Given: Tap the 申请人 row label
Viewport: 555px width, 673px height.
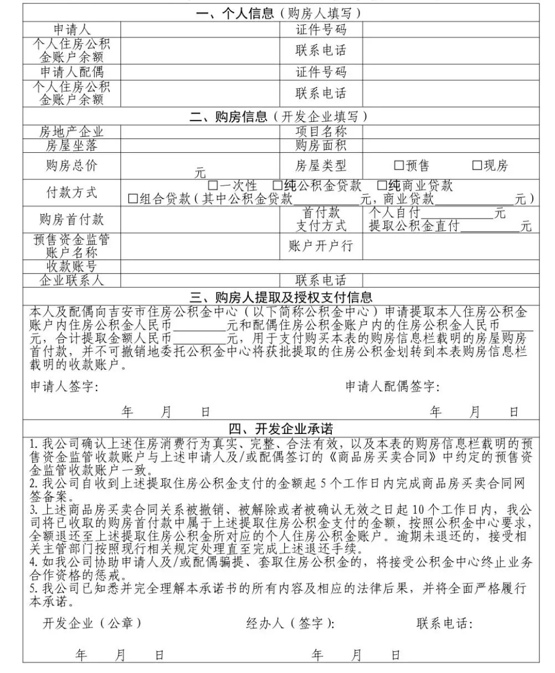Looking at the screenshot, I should [71, 29].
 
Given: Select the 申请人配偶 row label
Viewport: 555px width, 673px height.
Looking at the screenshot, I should [71, 72].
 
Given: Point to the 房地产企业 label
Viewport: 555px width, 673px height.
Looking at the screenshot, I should [71, 132].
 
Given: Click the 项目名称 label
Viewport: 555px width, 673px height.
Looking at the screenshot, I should [321, 132].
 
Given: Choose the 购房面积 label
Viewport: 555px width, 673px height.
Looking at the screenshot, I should [321, 146].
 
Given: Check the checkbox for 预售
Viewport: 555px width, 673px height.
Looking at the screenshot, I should [399, 165].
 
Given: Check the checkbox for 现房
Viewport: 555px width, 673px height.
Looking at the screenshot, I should [477, 165].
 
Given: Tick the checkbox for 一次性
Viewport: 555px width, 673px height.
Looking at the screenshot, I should [213, 185].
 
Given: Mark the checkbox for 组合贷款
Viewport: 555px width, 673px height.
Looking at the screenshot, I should [133, 199].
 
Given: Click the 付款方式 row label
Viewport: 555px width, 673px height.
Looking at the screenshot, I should [71, 192].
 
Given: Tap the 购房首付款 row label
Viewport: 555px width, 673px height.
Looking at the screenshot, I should [71, 219].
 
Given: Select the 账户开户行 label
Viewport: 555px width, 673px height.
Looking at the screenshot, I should [321, 246].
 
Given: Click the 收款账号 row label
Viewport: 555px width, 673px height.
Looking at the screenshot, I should [71, 267].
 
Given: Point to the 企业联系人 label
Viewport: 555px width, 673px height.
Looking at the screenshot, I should [71, 280].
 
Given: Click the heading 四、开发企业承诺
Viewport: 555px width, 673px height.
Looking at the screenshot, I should [281, 428].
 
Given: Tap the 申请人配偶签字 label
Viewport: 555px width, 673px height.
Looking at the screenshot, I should [393, 386].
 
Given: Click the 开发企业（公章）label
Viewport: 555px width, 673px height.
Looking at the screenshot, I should [92, 623].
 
